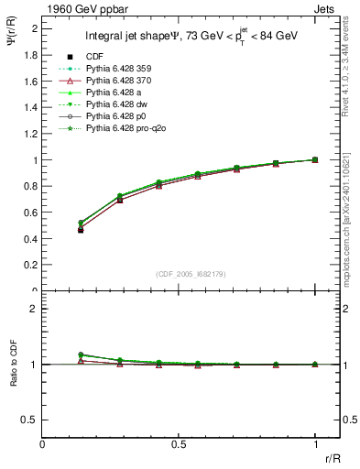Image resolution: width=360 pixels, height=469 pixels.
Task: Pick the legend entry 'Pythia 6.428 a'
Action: coord(116,93)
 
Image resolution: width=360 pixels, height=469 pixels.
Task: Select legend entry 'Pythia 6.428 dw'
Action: coord(119,105)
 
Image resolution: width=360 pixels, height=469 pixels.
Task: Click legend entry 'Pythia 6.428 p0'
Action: coord(119,117)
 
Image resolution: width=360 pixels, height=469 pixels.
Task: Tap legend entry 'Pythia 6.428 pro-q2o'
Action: coord(129,129)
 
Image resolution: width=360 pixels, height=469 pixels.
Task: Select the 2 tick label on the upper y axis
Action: coord(34,28)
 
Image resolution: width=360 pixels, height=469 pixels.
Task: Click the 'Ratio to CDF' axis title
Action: coord(12,376)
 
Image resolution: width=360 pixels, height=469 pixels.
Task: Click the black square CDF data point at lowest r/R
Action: coord(81,230)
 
